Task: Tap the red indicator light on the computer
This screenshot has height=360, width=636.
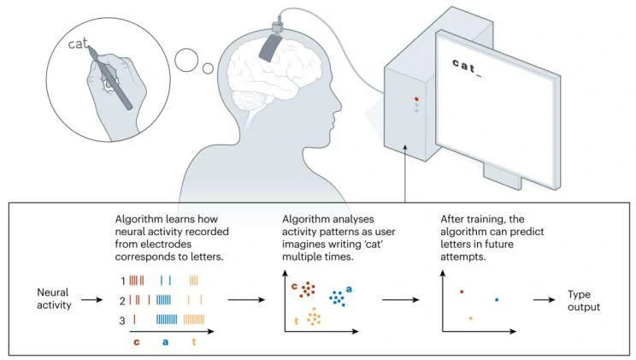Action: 416,98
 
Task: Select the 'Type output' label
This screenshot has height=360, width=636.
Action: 585,301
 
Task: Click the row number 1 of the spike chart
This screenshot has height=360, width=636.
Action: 122,280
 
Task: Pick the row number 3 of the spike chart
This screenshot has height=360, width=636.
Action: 122,319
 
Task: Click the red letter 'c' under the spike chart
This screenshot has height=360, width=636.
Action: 136,343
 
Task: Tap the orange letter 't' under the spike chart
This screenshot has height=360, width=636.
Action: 194,343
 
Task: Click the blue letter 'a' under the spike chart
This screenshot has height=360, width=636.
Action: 165,343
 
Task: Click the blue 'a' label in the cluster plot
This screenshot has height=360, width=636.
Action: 349,290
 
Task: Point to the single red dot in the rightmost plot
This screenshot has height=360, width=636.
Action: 462,292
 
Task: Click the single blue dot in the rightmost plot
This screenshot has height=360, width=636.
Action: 497,299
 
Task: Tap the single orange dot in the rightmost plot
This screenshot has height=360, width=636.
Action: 470,319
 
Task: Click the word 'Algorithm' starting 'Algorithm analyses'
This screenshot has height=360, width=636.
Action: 305,220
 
